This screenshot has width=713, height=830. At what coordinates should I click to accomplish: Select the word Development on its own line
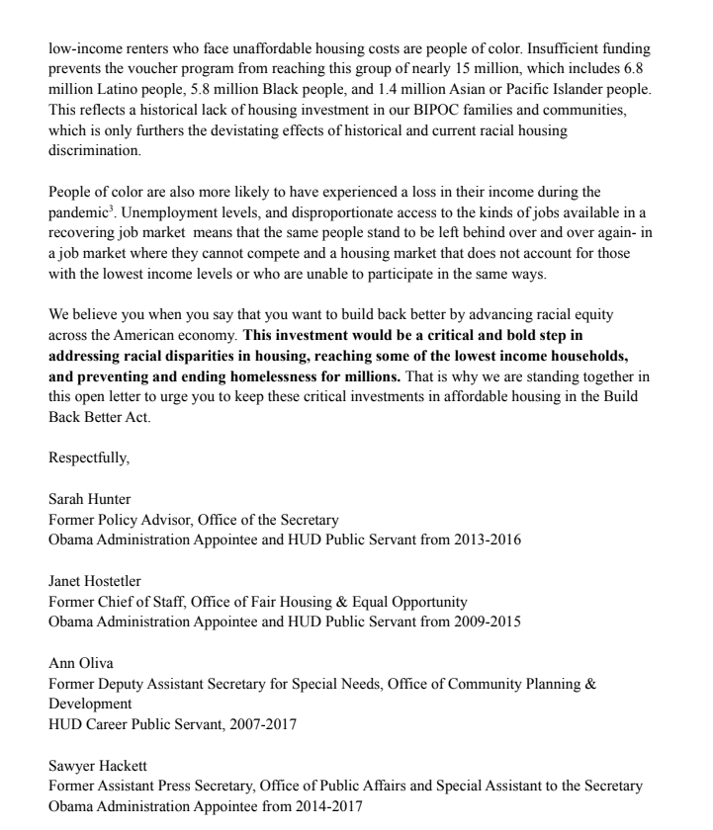(90, 704)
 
